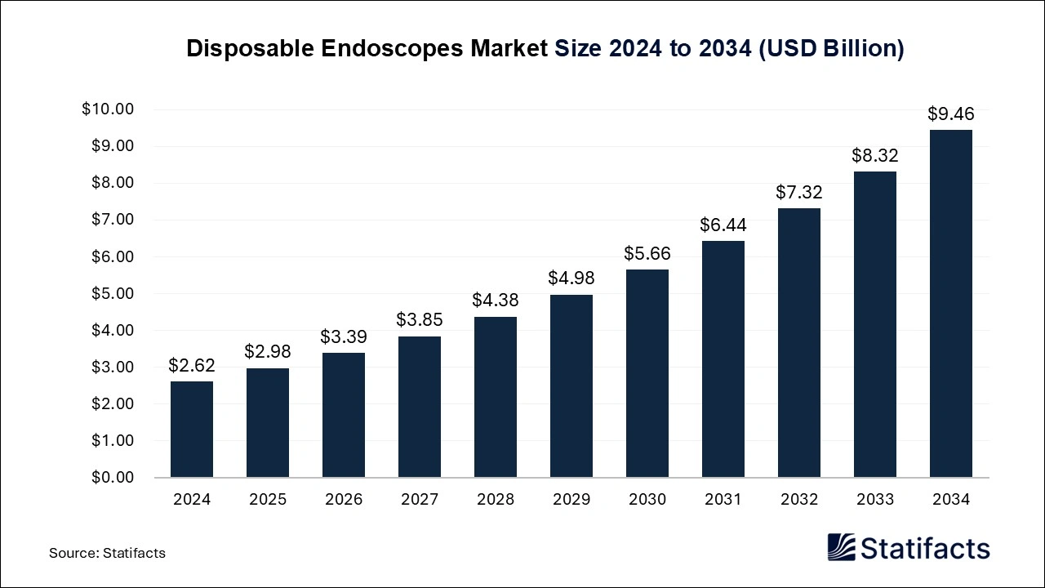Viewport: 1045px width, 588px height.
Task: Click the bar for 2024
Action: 192,430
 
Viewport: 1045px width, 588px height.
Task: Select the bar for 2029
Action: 571,386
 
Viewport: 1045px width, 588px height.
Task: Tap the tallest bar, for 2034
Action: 951,304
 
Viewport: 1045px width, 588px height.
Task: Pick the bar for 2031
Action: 723,359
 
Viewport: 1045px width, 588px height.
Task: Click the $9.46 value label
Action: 951,114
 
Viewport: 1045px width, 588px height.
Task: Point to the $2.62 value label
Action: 192,366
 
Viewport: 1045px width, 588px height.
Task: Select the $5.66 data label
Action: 647,254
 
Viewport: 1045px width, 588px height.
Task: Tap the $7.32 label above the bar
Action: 799,193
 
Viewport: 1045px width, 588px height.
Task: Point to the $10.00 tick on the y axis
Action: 108,109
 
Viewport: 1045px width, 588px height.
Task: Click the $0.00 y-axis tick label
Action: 111,478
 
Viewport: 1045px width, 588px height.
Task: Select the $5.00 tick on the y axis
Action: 111,294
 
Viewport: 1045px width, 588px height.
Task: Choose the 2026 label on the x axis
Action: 344,500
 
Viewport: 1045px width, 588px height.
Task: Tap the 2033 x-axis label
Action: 875,500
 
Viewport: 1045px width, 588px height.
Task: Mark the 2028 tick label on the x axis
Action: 496,500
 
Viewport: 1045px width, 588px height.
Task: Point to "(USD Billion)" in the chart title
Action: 831,49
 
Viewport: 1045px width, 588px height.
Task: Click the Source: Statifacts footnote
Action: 107,553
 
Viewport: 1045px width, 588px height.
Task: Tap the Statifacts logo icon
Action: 842,547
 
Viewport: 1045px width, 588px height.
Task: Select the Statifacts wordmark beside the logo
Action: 925,548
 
